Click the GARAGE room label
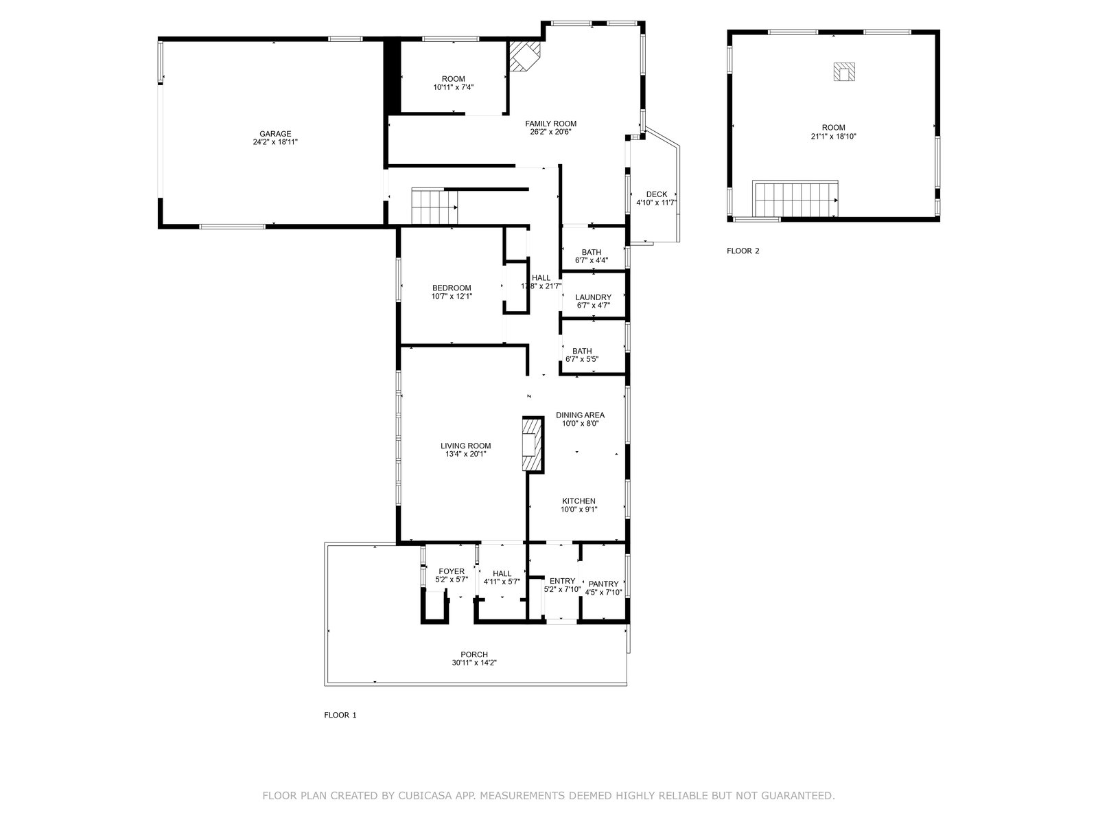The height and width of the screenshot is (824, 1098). click(275, 134)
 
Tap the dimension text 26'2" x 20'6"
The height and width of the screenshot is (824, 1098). click(550, 132)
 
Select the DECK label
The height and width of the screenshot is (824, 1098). click(656, 194)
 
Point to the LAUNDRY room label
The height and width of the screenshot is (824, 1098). click(594, 297)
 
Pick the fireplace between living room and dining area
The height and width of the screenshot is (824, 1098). click(533, 444)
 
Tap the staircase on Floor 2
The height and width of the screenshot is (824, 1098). click(795, 198)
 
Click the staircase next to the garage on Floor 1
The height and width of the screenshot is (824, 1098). click(434, 206)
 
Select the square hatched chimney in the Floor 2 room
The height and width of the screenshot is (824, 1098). click(844, 71)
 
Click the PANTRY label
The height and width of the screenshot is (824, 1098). click(603, 584)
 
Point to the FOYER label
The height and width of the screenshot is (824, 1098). click(451, 571)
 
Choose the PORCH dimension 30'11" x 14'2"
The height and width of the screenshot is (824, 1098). click(474, 663)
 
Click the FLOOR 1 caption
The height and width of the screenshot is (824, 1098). click(340, 715)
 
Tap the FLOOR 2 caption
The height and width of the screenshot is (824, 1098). click(743, 251)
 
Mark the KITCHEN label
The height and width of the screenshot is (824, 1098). click(579, 501)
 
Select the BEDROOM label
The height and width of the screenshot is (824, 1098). click(452, 288)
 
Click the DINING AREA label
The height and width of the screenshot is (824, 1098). click(581, 415)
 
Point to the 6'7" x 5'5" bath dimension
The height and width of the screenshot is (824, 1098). click(582, 359)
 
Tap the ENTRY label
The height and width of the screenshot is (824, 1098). click(562, 581)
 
